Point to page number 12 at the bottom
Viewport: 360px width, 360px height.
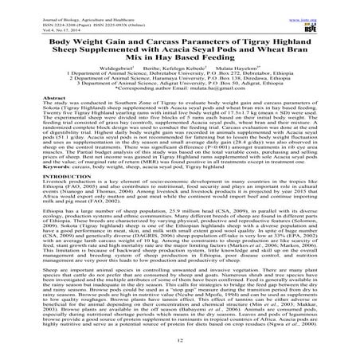tap(180, 339)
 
